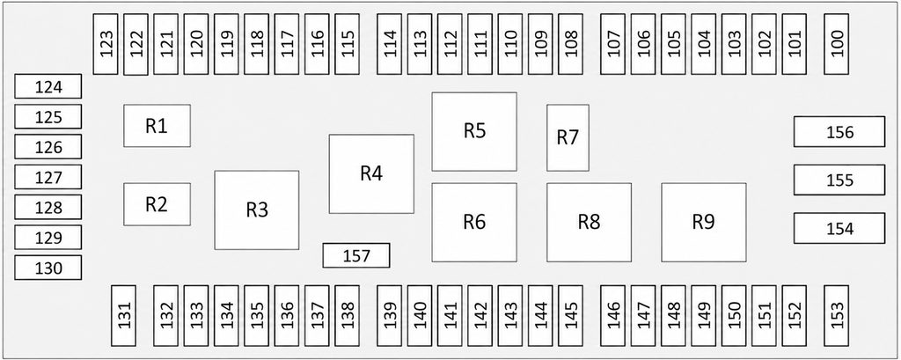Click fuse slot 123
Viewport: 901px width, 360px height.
pos(106,44)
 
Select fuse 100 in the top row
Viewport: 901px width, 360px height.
pos(836,44)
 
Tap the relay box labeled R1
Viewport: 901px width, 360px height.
pos(157,125)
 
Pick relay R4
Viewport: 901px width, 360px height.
pos(371,173)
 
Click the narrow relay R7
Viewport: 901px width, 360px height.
pos(568,137)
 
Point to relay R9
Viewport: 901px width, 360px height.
pos(704,222)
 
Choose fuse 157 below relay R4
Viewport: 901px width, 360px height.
pos(356,255)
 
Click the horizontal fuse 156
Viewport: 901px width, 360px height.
pos(839,132)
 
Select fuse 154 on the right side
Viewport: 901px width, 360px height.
pos(839,228)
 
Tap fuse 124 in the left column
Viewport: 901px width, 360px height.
pos(48,86)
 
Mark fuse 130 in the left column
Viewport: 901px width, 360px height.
pos(48,268)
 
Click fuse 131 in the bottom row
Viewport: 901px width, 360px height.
pos(123,316)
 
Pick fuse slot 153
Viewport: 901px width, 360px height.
pos(836,316)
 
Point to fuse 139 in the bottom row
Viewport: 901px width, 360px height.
pos(390,316)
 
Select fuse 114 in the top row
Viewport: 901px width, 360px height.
pos(390,44)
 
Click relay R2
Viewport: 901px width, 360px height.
pos(157,204)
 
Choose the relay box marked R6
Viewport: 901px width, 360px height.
pos(474,222)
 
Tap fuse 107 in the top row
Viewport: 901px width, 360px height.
pos(613,44)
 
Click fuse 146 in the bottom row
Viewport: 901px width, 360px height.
pos(613,316)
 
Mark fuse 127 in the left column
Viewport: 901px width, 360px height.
pos(48,177)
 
